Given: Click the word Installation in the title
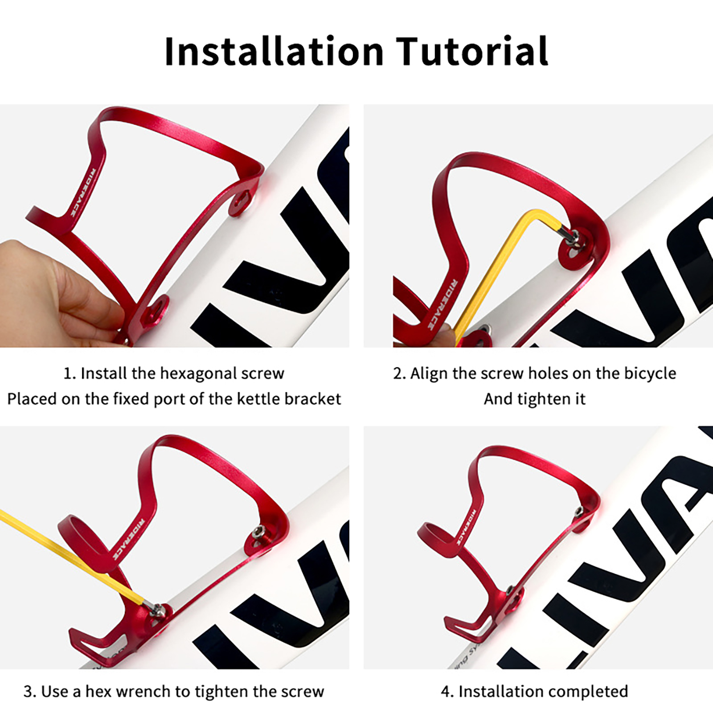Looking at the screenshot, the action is tap(274, 51).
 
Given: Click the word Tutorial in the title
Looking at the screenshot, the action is tap(472, 51).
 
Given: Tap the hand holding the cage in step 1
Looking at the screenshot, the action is tap(53, 294).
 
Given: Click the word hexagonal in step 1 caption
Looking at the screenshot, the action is tap(198, 373).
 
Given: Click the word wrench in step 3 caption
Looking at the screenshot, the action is tap(143, 692).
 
